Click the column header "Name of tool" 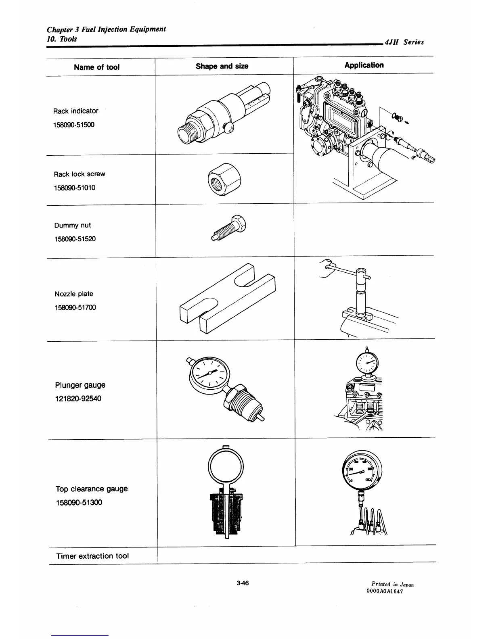click(96, 67)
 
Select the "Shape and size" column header click(222, 66)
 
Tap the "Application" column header click(364, 65)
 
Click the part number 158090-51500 click(74, 125)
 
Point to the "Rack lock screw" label click(80, 174)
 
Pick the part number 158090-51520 click(75, 239)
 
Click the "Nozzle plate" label click(74, 294)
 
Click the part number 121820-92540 click(78, 399)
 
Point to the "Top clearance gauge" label click(92, 489)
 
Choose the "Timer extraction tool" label click(92, 556)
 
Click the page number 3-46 click(243, 583)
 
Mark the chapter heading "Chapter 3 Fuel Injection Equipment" click(106, 29)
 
